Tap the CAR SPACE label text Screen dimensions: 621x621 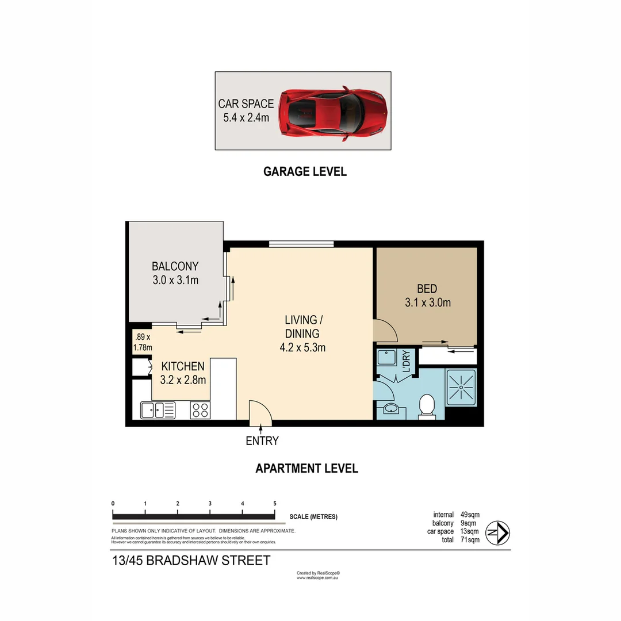pos(246,104)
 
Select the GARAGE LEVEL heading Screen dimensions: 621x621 pos(305,171)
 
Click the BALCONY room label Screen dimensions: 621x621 pos(175,266)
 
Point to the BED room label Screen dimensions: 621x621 pos(427,289)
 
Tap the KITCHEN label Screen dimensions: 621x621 pos(182,366)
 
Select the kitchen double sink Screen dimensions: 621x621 pos(158,410)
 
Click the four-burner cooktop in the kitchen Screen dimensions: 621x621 pos(200,410)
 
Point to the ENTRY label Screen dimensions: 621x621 pos(262,441)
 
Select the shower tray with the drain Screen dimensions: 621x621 pos(461,388)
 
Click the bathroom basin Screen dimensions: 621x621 pos(390,409)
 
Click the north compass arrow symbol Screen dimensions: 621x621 pos(497,532)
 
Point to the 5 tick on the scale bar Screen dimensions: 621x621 pos(275,504)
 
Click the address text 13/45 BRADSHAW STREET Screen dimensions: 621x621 pos(190,561)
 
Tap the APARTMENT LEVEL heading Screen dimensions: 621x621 pos(306,469)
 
